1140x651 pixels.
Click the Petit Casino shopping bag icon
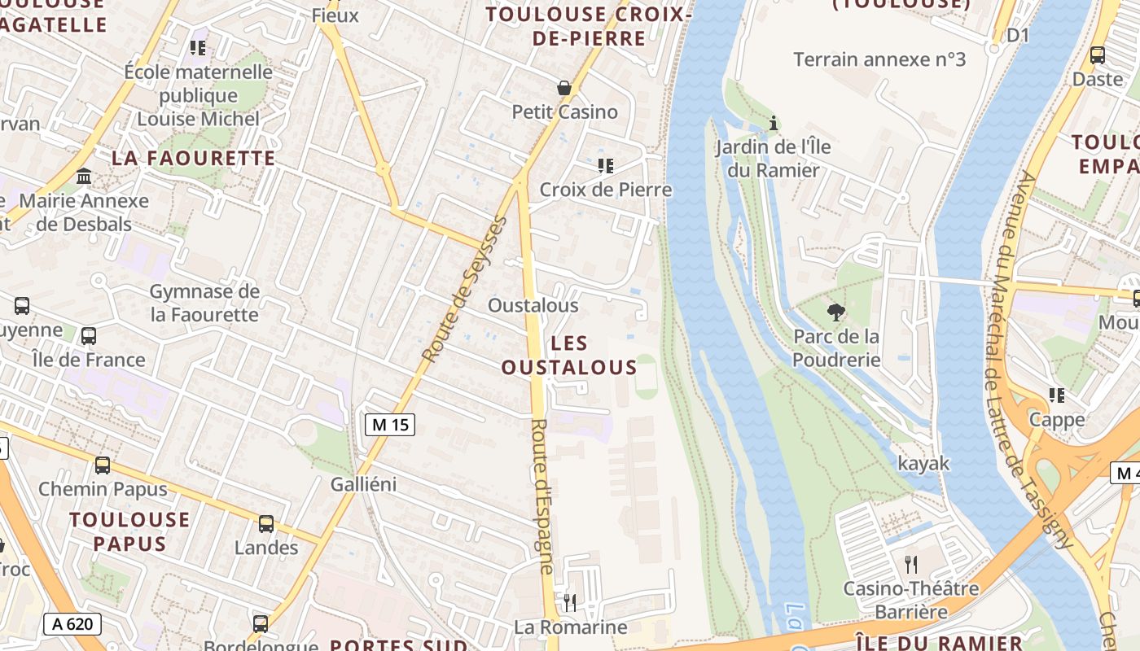[x=563, y=88]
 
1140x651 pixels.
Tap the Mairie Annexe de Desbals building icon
[x=84, y=177]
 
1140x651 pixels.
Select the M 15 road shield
[x=389, y=424]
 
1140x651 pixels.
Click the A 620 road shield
[x=72, y=624]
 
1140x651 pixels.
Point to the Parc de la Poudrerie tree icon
[x=835, y=312]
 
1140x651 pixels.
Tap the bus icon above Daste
[x=1097, y=55]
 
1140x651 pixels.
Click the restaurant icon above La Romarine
[x=570, y=603]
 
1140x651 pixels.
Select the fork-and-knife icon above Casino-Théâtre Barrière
[x=910, y=564]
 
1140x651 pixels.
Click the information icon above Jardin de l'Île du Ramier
[x=774, y=124]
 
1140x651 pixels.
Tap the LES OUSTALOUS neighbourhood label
[x=569, y=356]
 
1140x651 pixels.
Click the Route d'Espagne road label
[x=543, y=496]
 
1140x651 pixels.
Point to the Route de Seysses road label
[x=465, y=289]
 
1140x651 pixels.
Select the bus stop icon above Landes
[x=266, y=524]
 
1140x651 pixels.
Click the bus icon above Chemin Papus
[x=103, y=465]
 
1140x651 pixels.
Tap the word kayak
[x=923, y=463]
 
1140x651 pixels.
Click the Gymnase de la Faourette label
[x=204, y=303]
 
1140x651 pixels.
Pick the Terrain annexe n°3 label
[x=879, y=59]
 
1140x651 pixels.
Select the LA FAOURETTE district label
[x=194, y=158]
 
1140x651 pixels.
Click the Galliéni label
[x=363, y=484]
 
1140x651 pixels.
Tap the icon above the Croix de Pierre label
[x=605, y=166]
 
